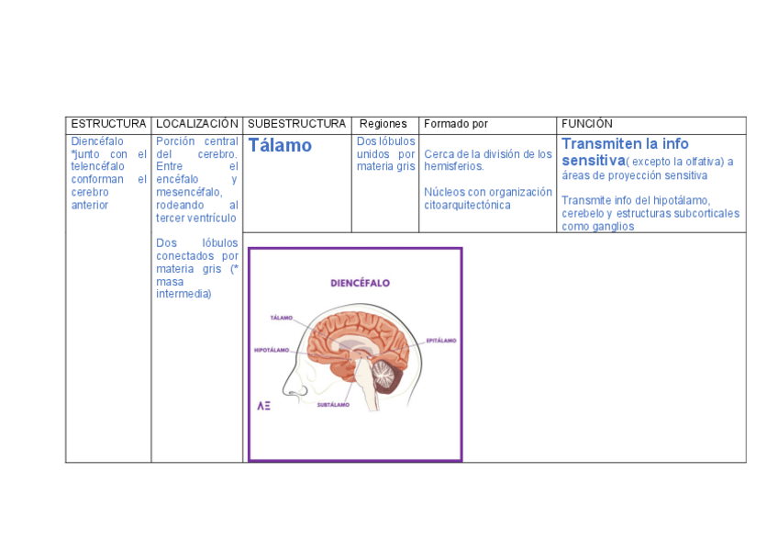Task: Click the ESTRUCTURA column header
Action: pos(108,124)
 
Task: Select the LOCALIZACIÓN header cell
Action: pos(197,124)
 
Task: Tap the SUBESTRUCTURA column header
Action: pos(296,124)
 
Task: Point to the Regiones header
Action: pos(383,124)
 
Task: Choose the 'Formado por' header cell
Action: pos(456,124)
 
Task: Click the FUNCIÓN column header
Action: pos(587,124)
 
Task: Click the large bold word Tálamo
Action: pos(280,146)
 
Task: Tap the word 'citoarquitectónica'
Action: pos(467,205)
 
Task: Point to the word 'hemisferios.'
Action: pos(453,167)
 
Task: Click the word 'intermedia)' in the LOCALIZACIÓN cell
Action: pos(183,294)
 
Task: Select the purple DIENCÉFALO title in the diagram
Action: pos(361,284)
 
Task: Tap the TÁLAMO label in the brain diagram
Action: pos(281,318)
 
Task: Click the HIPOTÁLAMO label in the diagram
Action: pos(272,350)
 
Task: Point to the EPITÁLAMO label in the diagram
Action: pos(441,341)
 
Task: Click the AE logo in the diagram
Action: pos(263,405)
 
